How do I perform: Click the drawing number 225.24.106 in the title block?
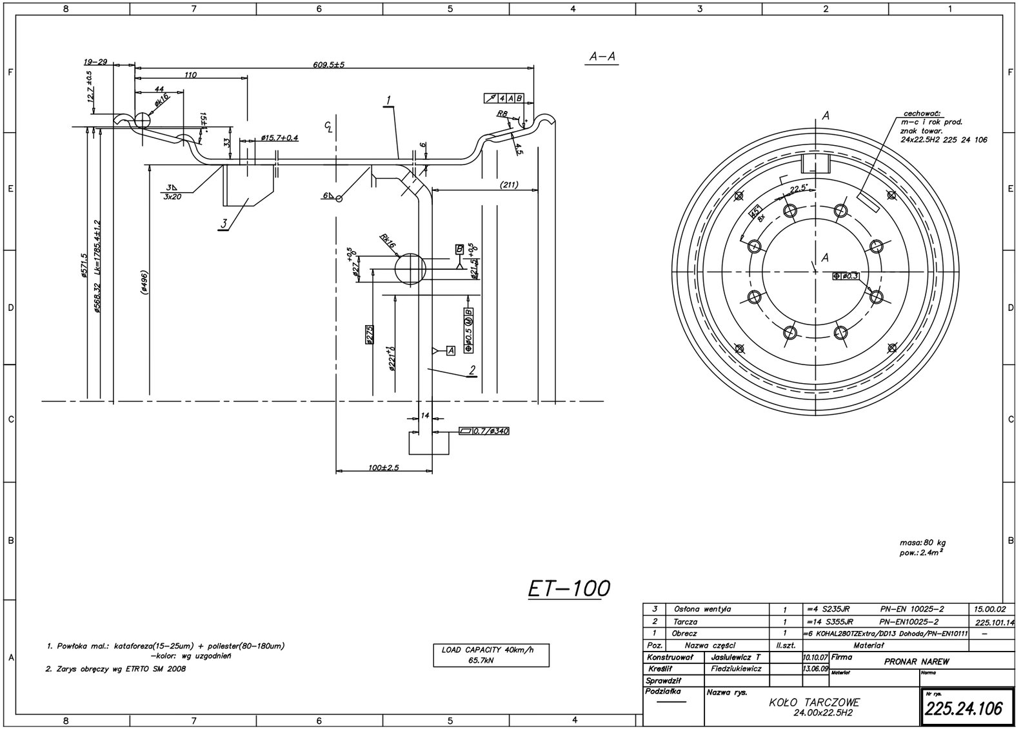[964, 709]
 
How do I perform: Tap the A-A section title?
[602, 57]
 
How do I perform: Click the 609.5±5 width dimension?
[329, 65]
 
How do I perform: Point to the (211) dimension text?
[509, 185]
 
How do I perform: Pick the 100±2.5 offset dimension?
[384, 468]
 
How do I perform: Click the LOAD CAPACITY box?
[491, 655]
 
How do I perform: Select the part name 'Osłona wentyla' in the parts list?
[702, 609]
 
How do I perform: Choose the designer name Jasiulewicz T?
[735, 657]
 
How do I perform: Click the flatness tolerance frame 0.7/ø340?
[484, 430]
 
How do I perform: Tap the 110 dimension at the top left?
[190, 75]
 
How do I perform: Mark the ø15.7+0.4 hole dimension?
[279, 138]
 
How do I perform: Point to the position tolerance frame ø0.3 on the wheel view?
[846, 275]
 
